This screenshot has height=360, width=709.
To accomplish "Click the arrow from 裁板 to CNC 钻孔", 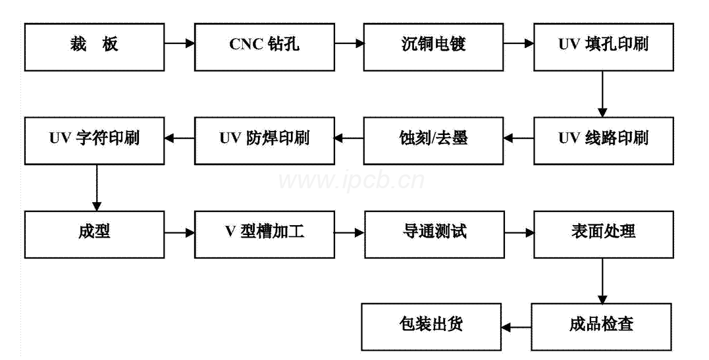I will pyautogui.click(x=179, y=44).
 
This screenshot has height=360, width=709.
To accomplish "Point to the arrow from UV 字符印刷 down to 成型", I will pyautogui.click(x=96, y=188).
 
